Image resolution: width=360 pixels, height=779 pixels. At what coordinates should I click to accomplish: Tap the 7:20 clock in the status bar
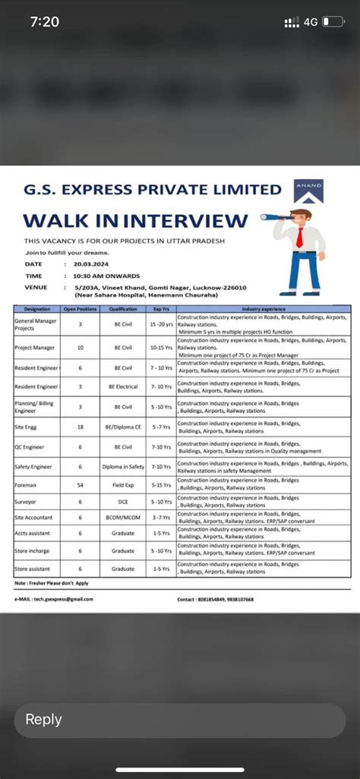point(45,22)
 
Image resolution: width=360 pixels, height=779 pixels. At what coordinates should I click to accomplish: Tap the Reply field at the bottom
point(179,720)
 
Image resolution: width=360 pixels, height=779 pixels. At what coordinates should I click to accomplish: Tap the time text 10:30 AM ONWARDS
point(104,276)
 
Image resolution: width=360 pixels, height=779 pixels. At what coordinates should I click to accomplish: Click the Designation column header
point(37,309)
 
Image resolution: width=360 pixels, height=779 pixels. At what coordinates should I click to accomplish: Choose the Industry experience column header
point(264,309)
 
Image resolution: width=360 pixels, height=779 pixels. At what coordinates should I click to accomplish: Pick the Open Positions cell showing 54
point(81,484)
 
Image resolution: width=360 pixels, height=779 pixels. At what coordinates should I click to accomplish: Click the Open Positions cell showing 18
point(81,427)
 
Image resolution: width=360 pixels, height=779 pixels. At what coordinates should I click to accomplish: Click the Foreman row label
point(27,484)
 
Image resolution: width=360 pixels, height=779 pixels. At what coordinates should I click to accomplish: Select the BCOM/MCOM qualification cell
point(123,517)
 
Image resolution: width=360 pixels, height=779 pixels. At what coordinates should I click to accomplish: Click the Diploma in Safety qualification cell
point(123,466)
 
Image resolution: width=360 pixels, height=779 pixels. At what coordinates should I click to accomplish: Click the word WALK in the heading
point(55,221)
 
